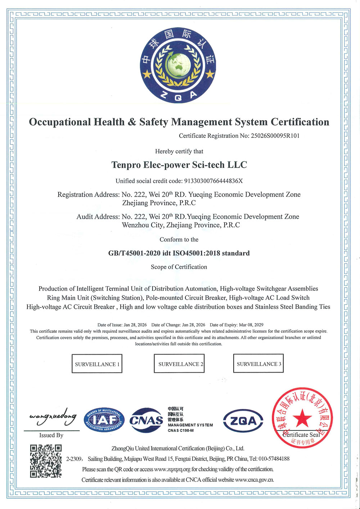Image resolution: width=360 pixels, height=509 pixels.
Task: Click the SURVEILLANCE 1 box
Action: pyautogui.click(x=97, y=364)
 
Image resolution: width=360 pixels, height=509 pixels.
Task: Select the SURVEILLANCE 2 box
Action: pyautogui.click(x=179, y=363)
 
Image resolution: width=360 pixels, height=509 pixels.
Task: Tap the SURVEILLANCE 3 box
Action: pyautogui.click(x=258, y=363)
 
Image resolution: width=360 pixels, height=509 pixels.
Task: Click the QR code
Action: pyautogui.click(x=46, y=461)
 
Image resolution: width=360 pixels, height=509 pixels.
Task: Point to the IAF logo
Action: pyautogui.click(x=104, y=420)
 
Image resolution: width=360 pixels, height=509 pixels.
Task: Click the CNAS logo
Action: pyautogui.click(x=146, y=420)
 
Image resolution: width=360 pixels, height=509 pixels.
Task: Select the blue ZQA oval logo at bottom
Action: pyautogui.click(x=243, y=421)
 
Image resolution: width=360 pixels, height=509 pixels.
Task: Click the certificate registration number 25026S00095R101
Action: pyautogui.click(x=275, y=136)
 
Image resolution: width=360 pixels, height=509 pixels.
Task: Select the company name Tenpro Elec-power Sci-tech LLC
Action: pyautogui.click(x=179, y=165)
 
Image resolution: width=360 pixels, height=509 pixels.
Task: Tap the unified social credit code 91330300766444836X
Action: pyautogui.click(x=213, y=181)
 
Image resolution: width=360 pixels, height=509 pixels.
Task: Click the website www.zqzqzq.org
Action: pyautogui.click(x=172, y=469)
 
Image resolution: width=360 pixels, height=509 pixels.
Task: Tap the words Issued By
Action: pyautogui.click(x=51, y=435)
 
